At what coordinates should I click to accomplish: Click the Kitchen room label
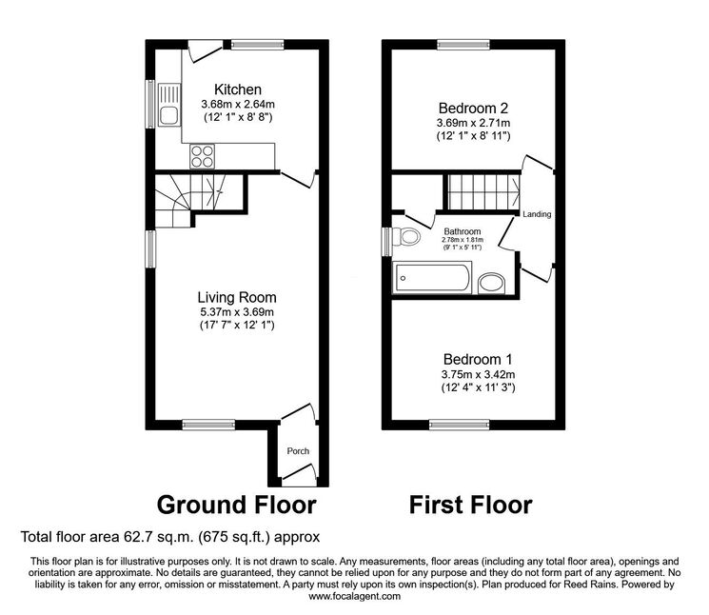pyautogui.click(x=237, y=89)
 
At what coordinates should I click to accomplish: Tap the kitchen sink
pyautogui.click(x=169, y=106)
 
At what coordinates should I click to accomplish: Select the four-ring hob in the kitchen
pyautogui.click(x=202, y=156)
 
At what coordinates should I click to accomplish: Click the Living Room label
pyautogui.click(x=237, y=297)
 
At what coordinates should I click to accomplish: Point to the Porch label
pyautogui.click(x=298, y=451)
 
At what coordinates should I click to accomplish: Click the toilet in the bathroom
pyautogui.click(x=406, y=236)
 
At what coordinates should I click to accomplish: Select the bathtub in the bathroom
pyautogui.click(x=432, y=278)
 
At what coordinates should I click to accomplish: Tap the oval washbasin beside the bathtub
pyautogui.click(x=491, y=284)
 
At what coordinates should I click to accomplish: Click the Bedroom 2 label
pyautogui.click(x=473, y=109)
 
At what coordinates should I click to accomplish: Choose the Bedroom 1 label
pyautogui.click(x=478, y=360)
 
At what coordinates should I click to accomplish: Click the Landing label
pyautogui.click(x=537, y=214)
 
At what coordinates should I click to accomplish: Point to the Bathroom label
pyautogui.click(x=463, y=231)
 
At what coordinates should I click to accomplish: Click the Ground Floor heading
pyautogui.click(x=236, y=505)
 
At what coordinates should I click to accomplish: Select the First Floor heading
pyautogui.click(x=470, y=505)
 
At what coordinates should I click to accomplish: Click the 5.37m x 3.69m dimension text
pyautogui.click(x=237, y=312)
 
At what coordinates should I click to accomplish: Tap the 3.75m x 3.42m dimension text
pyautogui.click(x=478, y=374)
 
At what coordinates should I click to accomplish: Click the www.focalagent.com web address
pyautogui.click(x=354, y=597)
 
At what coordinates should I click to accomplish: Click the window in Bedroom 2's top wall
pyautogui.click(x=463, y=45)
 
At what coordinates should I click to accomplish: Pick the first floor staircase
pyautogui.click(x=484, y=192)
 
